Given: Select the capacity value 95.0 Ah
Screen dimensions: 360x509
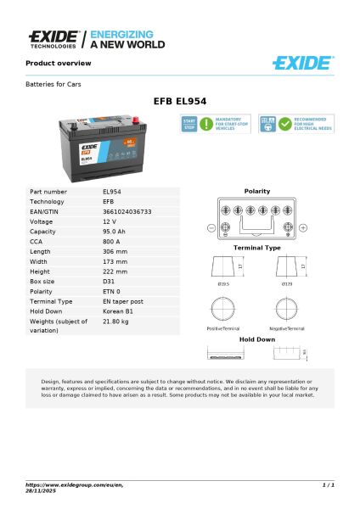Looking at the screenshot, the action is click(115, 231).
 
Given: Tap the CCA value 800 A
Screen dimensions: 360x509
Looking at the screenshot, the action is click(111, 241).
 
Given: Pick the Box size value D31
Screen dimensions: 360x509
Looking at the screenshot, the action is click(108, 280).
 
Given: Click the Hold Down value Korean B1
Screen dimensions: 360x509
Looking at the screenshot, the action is click(118, 310).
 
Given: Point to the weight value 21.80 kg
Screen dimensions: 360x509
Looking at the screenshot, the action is click(116, 322).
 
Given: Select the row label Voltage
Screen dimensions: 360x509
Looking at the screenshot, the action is click(42, 221).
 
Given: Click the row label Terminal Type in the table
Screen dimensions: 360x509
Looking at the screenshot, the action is click(51, 300).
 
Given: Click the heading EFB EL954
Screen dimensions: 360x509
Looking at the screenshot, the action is click(179, 101).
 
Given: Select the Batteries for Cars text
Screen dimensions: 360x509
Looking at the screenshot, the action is click(53, 84).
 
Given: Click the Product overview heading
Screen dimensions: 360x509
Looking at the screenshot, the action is click(58, 64).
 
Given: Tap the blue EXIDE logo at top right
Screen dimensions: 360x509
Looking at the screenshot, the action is click(303, 63).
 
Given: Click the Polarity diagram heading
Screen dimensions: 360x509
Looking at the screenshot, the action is click(257, 192).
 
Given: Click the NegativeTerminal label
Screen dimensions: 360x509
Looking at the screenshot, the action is click(286, 327).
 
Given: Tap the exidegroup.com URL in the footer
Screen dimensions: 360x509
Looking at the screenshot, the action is click(75, 484).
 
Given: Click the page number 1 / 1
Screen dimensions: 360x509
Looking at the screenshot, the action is click(328, 484).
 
